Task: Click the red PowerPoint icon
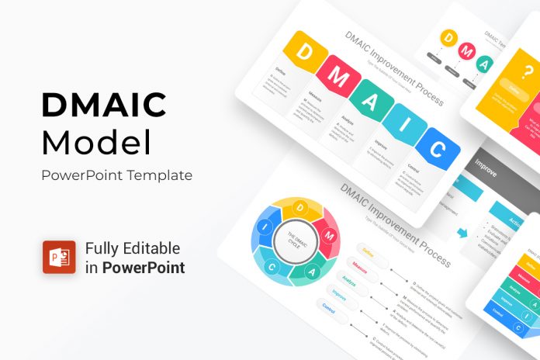pyautogui.click(x=58, y=258)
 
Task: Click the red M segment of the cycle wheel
pyautogui.click(x=329, y=233)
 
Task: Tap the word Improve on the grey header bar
pyautogui.click(x=486, y=164)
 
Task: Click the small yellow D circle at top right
pyautogui.click(x=448, y=37)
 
